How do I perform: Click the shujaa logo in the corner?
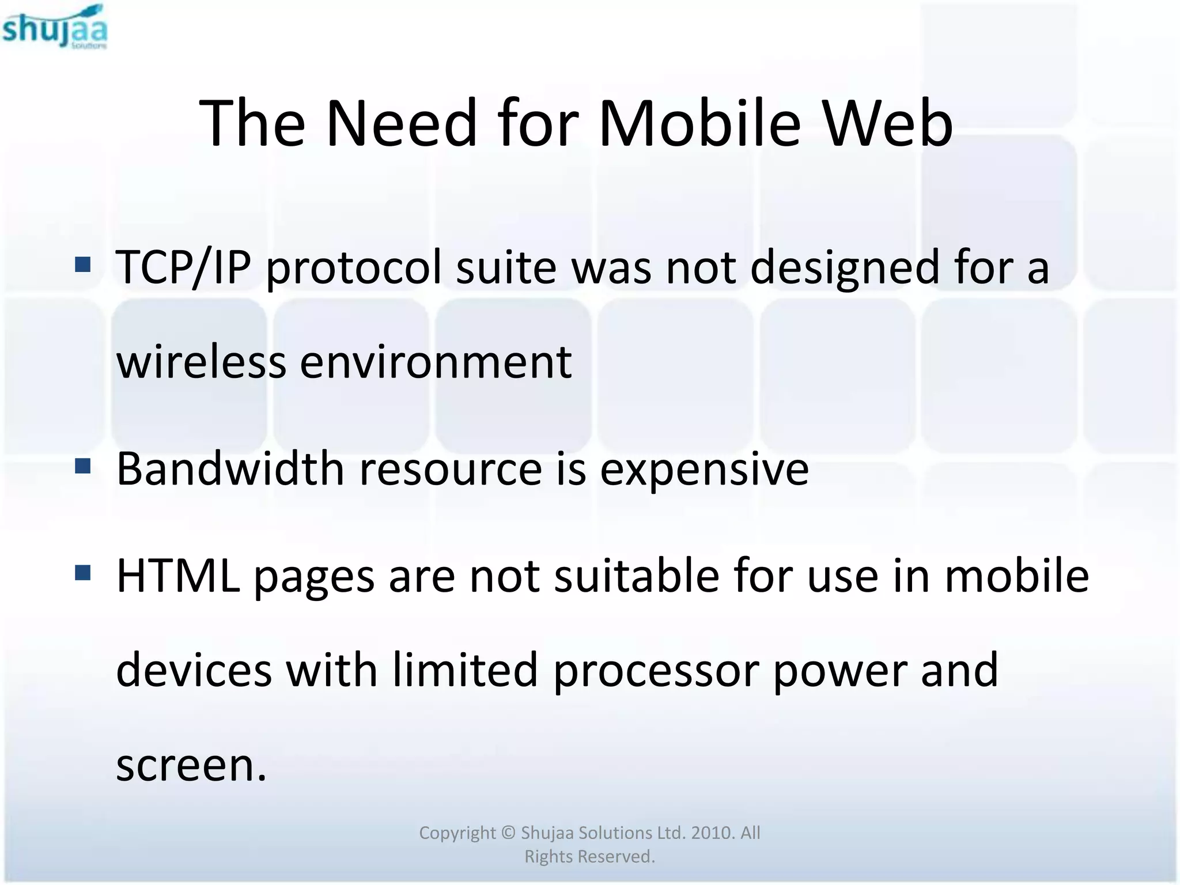point(55,27)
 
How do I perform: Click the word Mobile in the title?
point(699,123)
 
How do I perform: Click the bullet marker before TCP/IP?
point(83,264)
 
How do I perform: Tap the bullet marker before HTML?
point(83,573)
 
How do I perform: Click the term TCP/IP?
point(184,267)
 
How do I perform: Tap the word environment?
point(436,363)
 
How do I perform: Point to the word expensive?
point(704,470)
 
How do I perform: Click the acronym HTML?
point(178,576)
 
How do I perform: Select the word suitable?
point(637,576)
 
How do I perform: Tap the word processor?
point(655,671)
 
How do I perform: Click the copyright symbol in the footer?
point(508,833)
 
